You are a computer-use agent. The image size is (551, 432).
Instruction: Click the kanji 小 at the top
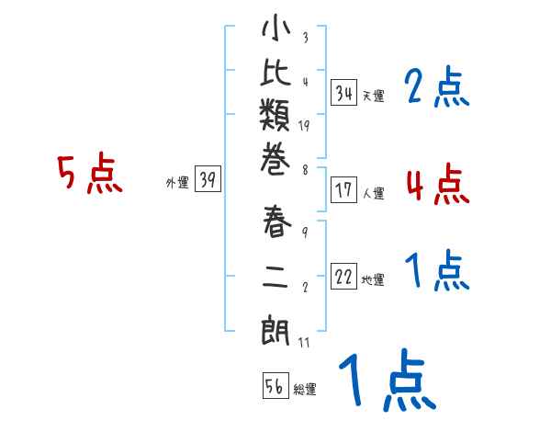(x=275, y=30)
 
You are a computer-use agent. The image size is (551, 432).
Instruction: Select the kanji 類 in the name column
(x=275, y=119)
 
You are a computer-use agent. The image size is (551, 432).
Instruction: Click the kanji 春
(x=275, y=225)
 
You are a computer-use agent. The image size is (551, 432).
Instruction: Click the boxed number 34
(x=344, y=92)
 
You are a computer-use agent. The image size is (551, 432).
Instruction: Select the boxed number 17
(x=344, y=190)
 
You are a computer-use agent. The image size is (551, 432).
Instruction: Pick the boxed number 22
(x=344, y=278)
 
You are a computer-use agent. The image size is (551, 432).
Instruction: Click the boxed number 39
(x=208, y=180)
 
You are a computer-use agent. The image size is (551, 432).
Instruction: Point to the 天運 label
(x=372, y=95)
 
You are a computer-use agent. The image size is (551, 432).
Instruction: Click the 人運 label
(x=373, y=193)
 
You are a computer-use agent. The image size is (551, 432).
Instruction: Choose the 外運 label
(x=176, y=183)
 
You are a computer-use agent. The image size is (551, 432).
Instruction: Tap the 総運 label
(x=304, y=389)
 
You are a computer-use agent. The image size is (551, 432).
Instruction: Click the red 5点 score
(x=90, y=174)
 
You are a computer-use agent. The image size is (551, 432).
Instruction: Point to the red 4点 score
(x=437, y=184)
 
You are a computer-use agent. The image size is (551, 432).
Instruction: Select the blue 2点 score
(x=436, y=88)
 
